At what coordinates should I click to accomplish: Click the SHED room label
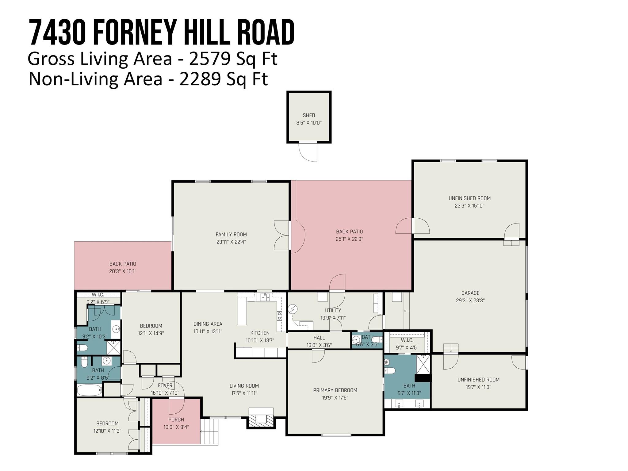click(x=309, y=115)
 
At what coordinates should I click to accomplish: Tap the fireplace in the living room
click(x=261, y=418)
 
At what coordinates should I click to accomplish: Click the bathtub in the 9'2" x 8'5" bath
click(x=89, y=390)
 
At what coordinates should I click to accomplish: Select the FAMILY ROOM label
click(x=231, y=235)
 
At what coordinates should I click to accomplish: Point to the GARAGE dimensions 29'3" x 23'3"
click(x=470, y=301)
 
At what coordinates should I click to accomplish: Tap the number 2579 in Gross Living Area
click(x=209, y=59)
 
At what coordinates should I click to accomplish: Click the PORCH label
click(x=176, y=419)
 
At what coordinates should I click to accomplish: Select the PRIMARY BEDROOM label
click(x=335, y=390)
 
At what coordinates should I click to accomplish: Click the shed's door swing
click(x=308, y=152)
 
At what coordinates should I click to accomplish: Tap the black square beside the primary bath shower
click(x=423, y=378)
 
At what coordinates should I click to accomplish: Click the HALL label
click(x=319, y=338)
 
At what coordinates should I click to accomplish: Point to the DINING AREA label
click(x=208, y=324)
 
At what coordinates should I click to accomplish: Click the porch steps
click(x=209, y=431)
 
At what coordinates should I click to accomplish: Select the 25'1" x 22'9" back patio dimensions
click(x=349, y=239)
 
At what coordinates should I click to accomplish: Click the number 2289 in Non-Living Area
click(x=200, y=79)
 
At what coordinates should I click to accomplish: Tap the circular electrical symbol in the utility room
click(x=293, y=309)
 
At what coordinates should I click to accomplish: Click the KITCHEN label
click(x=260, y=333)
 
